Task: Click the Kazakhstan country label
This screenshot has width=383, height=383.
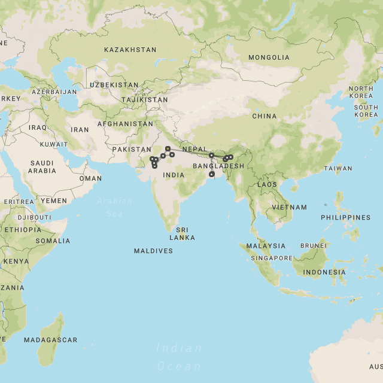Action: (130, 50)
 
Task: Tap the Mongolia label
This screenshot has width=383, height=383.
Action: (269, 57)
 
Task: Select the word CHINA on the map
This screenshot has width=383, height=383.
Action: (264, 116)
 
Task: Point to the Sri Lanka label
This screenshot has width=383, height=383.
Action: (182, 233)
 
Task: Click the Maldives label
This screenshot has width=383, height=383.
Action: (153, 251)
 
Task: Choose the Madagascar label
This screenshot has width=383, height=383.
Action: (50, 340)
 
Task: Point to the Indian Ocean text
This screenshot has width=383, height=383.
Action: (178, 357)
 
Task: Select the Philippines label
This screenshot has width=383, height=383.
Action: (345, 217)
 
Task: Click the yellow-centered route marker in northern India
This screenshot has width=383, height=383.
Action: (168, 148)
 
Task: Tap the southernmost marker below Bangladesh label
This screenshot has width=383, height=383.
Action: (212, 174)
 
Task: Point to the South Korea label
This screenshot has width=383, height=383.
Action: (366, 111)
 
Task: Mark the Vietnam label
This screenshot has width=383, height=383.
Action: (289, 207)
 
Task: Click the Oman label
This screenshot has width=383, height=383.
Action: (90, 178)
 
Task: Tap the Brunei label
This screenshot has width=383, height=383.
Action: (313, 245)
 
